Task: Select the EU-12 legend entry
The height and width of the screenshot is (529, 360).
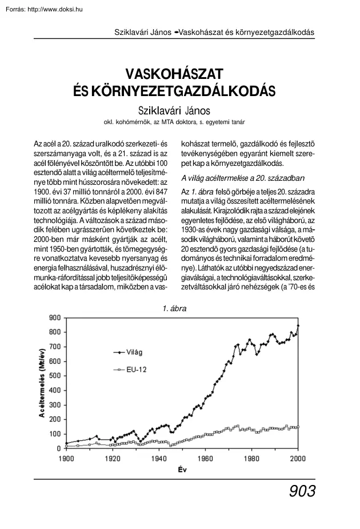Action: pyautogui.click(x=138, y=370)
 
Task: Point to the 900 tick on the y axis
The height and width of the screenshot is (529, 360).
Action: pyautogui.click(x=54, y=317)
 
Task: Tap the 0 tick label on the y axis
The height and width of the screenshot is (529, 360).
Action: pyautogui.click(x=58, y=449)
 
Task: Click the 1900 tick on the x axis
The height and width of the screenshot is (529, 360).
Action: pyautogui.click(x=66, y=458)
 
